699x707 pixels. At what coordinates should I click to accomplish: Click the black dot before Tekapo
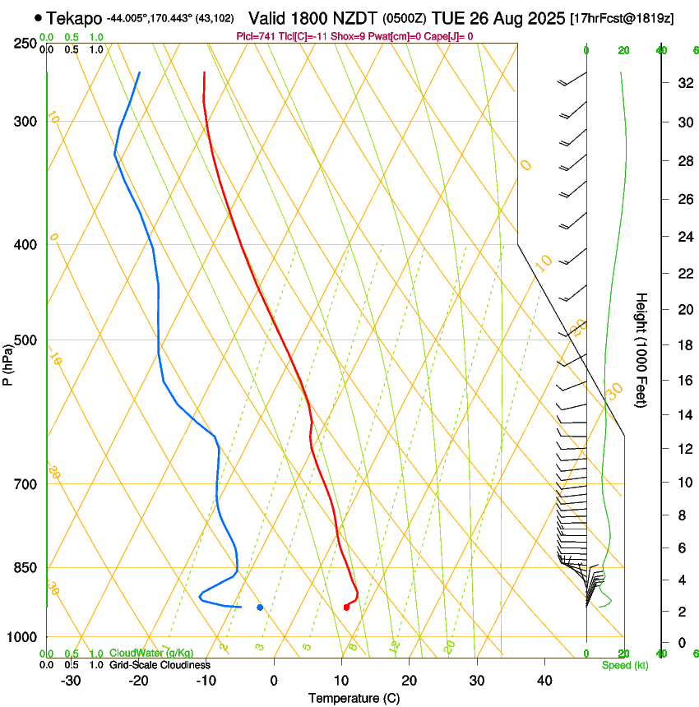click(x=39, y=17)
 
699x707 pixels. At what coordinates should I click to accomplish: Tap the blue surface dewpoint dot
click(x=260, y=608)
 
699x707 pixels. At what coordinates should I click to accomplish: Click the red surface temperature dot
click(x=346, y=608)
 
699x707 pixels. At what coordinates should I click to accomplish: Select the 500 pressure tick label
click(x=24, y=340)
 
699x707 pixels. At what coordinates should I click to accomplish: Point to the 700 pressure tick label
click(x=24, y=484)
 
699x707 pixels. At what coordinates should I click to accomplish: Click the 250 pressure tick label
click(x=24, y=43)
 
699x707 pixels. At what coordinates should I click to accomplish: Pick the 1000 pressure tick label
click(x=21, y=637)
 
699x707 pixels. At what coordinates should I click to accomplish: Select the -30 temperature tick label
click(x=70, y=680)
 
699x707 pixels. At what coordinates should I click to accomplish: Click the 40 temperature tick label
click(x=544, y=680)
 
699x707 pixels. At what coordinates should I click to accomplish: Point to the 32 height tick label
click(x=683, y=83)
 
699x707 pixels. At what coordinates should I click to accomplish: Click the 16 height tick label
click(x=683, y=381)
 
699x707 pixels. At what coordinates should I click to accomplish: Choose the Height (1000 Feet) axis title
click(x=642, y=349)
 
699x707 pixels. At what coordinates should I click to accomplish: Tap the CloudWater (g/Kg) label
click(x=140, y=653)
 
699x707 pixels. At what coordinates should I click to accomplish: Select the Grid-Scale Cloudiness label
click(x=160, y=664)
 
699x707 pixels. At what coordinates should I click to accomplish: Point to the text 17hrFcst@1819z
click(x=622, y=18)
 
